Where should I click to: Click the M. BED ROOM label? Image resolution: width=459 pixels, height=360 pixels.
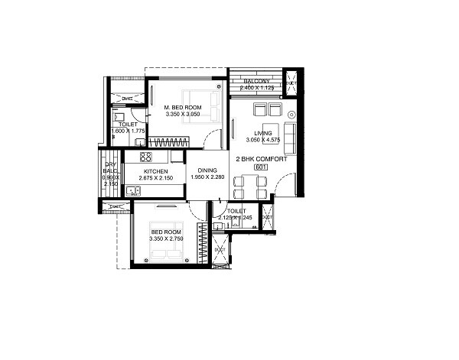183,108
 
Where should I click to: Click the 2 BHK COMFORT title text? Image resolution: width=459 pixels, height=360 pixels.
262,158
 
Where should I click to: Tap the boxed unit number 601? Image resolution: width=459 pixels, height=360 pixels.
261,167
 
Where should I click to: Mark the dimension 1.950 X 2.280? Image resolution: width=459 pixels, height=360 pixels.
208,178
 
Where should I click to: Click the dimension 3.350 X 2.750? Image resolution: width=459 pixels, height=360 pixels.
166,239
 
